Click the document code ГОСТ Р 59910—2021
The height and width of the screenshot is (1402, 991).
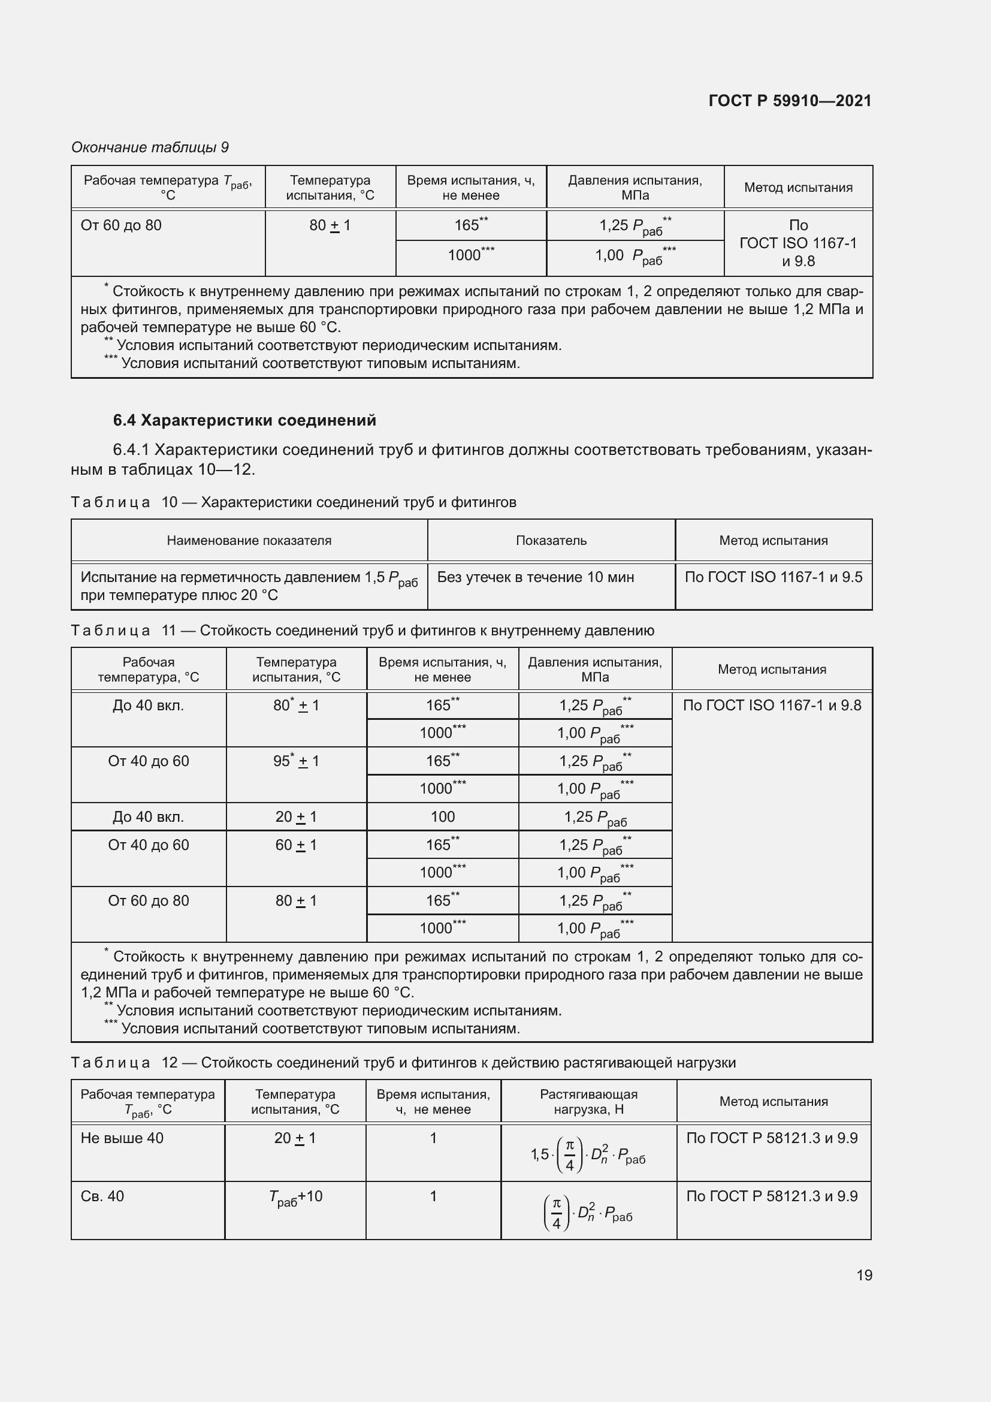pyautogui.click(x=790, y=101)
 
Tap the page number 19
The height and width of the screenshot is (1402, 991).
pyautogui.click(x=864, y=1275)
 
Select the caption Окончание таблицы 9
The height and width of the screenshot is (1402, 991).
pyautogui.click(x=150, y=147)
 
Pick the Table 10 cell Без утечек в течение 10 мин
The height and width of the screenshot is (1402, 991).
pyautogui.click(x=535, y=577)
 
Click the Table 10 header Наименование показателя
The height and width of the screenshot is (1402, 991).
pyautogui.click(x=249, y=541)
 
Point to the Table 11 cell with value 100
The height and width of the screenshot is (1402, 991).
pyautogui.click(x=442, y=817)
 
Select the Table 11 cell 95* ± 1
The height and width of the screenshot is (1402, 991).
pyautogui.click(x=296, y=761)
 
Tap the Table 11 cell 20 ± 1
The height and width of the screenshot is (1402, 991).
pyautogui.click(x=296, y=817)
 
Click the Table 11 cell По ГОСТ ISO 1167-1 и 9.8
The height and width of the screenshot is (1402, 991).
pyautogui.click(x=772, y=705)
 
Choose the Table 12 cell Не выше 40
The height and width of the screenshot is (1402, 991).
pyautogui.click(x=122, y=1138)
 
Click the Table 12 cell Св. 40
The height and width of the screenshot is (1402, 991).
pyautogui.click(x=102, y=1196)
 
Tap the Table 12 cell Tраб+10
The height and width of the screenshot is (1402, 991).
pyautogui.click(x=296, y=1197)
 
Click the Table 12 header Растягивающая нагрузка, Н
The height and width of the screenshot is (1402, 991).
pyautogui.click(x=588, y=1102)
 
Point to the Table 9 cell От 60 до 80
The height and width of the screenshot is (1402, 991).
pyautogui.click(x=122, y=225)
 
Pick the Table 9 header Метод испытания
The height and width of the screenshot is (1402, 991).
pyautogui.click(x=797, y=188)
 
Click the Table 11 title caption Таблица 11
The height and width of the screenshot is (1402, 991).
pyautogui.click(x=362, y=630)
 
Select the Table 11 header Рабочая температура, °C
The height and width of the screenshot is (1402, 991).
pyautogui.click(x=148, y=670)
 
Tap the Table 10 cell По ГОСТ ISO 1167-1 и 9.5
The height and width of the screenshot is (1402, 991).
pyautogui.click(x=773, y=577)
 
